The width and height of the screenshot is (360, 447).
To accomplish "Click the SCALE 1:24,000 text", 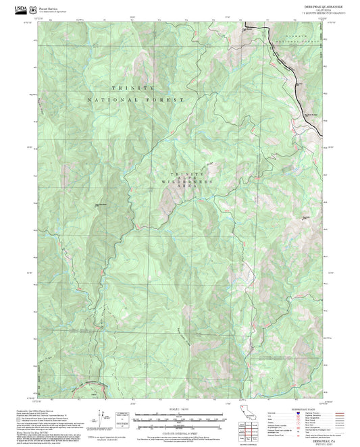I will point(179,409).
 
